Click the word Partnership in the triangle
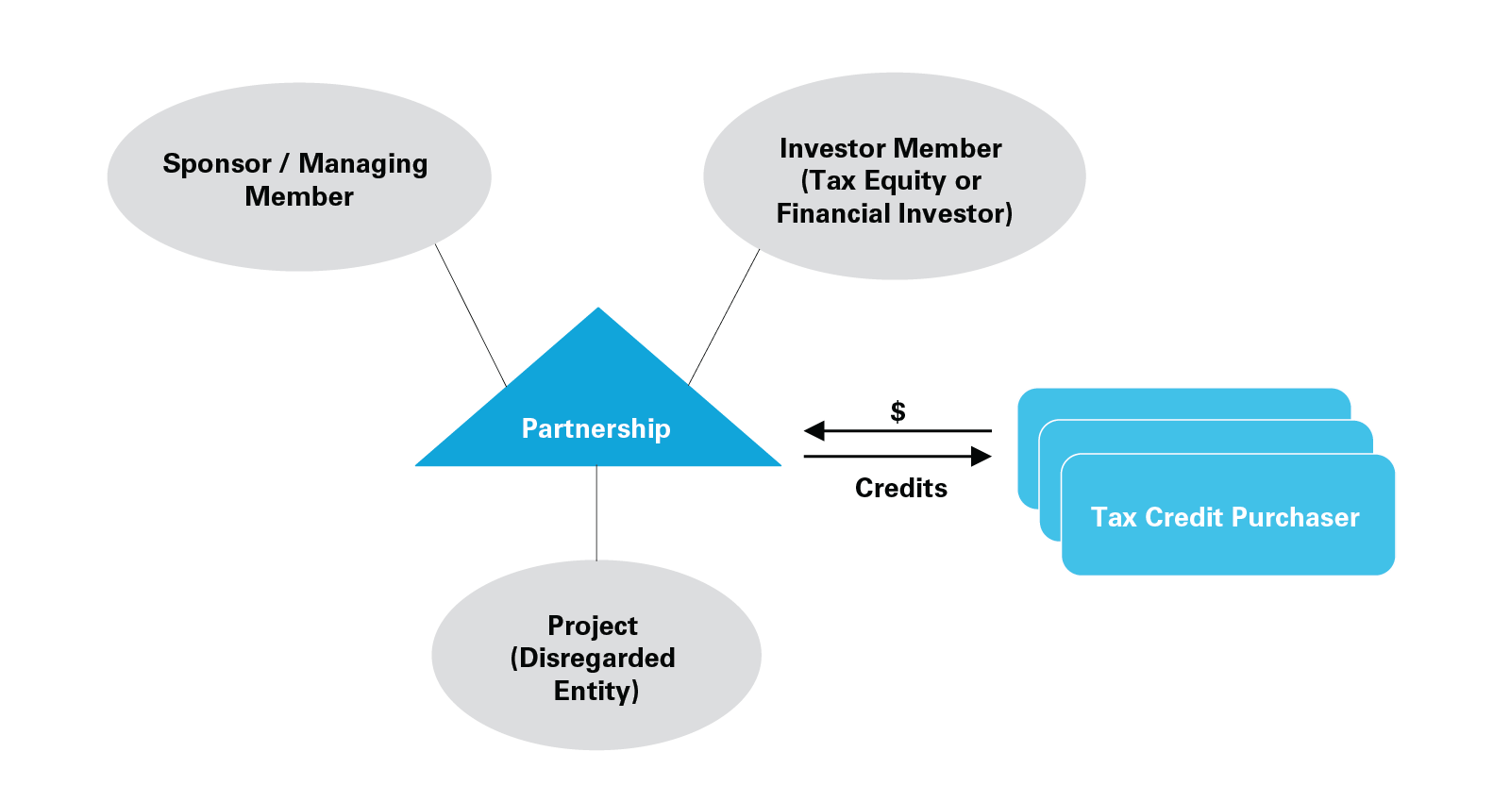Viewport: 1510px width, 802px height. pyautogui.click(x=596, y=428)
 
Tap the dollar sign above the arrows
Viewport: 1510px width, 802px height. pyautogui.click(x=898, y=411)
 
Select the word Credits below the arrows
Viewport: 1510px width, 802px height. pyautogui.click(x=900, y=488)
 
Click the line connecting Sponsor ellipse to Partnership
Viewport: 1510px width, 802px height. pyautogui.click(x=471, y=314)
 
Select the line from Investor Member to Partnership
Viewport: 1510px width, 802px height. pyautogui.click(x=724, y=317)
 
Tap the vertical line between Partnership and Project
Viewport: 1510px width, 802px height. pyautogui.click(x=596, y=513)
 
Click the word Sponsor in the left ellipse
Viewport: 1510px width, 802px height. pyautogui.click(x=217, y=163)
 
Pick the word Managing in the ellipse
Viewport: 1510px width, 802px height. pyautogui.click(x=363, y=164)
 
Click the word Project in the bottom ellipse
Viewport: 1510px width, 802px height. pyautogui.click(x=593, y=626)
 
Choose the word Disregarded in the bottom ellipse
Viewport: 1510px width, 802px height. pyautogui.click(x=596, y=658)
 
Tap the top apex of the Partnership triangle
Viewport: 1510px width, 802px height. pyautogui.click(x=597, y=309)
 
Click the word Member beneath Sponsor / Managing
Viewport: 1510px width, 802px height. pyautogui.click(x=299, y=196)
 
